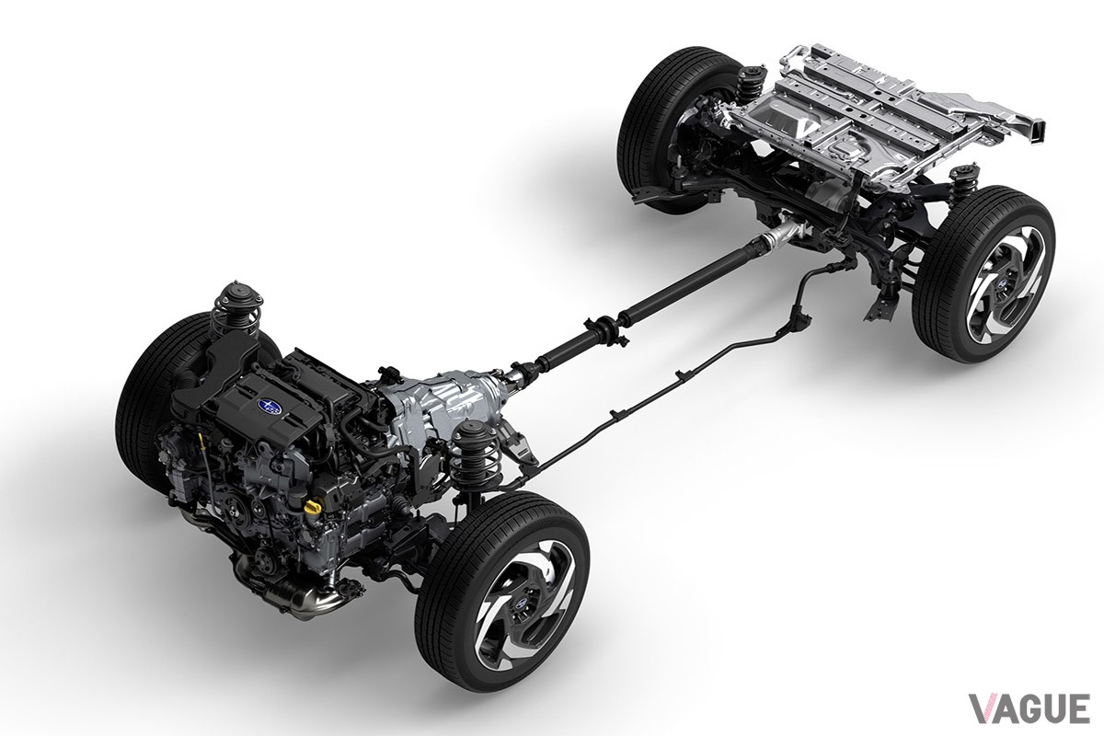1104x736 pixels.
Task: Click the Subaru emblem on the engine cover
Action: [267, 405]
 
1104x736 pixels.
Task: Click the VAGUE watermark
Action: [1029, 708]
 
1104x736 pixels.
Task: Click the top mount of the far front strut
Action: [236, 296]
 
